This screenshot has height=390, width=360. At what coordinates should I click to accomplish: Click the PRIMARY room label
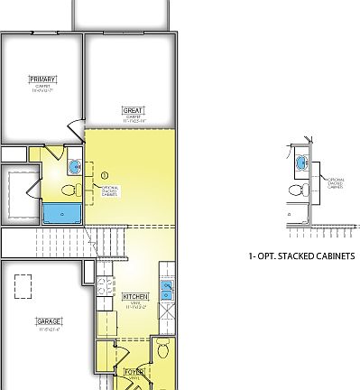click(x=42, y=79)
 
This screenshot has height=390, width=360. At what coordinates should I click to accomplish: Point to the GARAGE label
click(x=49, y=321)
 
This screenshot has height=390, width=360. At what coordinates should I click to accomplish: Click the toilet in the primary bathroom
click(x=68, y=190)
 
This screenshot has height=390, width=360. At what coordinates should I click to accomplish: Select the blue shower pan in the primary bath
click(x=60, y=213)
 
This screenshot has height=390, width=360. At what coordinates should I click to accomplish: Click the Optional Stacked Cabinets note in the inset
click(x=334, y=183)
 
